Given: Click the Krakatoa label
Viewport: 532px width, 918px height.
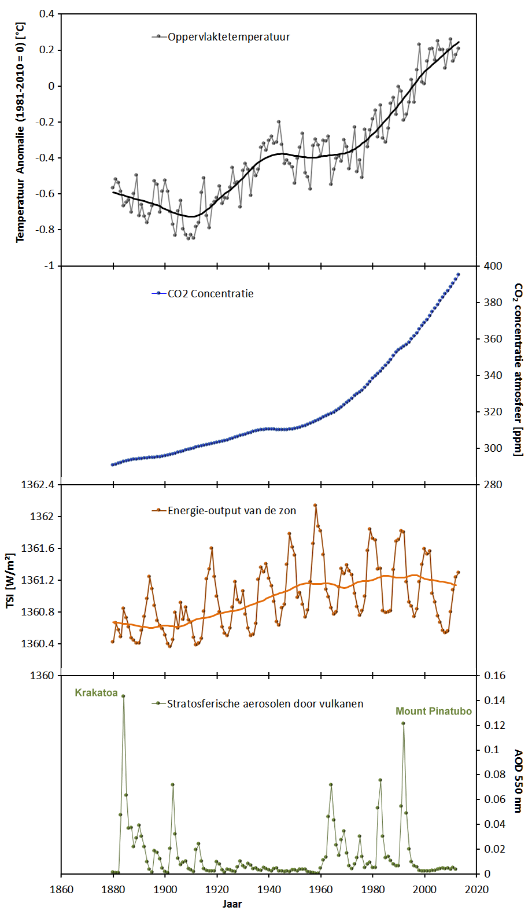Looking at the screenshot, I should click(x=96, y=693).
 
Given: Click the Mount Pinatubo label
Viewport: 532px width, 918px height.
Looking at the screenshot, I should click(x=433, y=711).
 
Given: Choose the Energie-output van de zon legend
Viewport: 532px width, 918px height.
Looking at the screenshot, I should click(x=231, y=511).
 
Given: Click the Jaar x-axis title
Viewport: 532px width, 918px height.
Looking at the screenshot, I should click(x=232, y=904).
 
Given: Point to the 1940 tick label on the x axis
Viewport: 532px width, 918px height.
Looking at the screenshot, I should click(x=269, y=890).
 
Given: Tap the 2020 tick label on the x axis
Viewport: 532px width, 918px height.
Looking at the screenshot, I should click(x=477, y=890).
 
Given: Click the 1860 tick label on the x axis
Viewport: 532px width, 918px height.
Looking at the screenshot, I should click(x=61, y=890).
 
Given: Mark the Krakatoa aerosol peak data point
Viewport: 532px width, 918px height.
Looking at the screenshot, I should click(x=123, y=696).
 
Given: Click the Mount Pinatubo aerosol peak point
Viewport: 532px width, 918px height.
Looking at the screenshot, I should click(x=404, y=724).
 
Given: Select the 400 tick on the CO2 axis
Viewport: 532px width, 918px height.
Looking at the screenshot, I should click(x=493, y=266).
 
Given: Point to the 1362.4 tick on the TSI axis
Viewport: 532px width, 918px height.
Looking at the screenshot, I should click(x=38, y=485).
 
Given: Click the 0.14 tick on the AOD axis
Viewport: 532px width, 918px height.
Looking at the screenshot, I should click(x=494, y=701).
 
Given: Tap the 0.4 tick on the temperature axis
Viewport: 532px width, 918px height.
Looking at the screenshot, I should click(x=47, y=14).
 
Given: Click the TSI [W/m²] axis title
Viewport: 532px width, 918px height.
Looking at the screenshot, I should click(x=10, y=580).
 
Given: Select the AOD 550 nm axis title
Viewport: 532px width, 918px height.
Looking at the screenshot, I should click(x=519, y=781).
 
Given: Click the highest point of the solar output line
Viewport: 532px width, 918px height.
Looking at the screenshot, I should click(x=315, y=505).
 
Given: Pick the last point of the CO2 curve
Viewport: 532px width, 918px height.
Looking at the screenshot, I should click(x=459, y=275).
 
